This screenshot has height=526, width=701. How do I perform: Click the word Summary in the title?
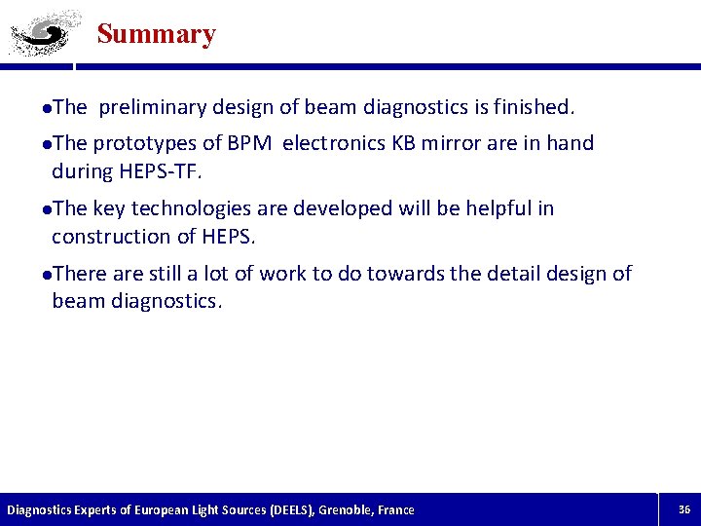(156, 34)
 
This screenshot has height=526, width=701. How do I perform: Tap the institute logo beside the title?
(39, 34)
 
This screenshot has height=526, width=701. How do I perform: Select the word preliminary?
(151, 105)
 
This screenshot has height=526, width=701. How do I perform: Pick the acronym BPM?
(250, 143)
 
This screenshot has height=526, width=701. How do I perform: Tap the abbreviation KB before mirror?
(403, 143)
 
